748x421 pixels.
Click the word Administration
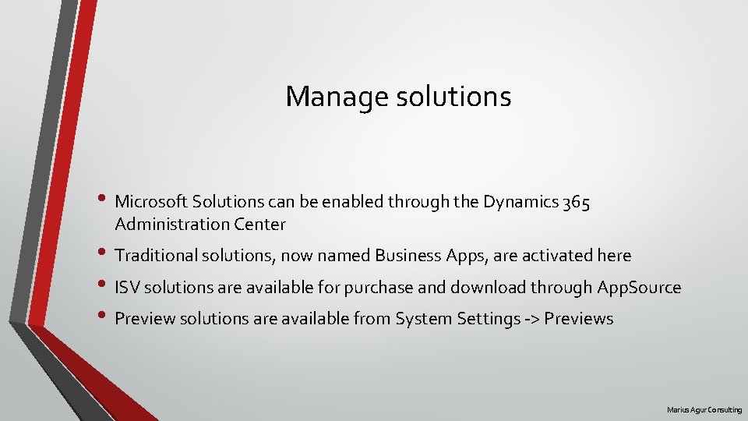171,225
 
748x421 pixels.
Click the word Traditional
155,256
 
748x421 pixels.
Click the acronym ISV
127,288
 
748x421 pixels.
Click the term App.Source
639,288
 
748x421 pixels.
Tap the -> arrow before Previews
531,319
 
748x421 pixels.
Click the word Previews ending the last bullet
579,319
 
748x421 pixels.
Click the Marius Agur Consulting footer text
704,410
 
